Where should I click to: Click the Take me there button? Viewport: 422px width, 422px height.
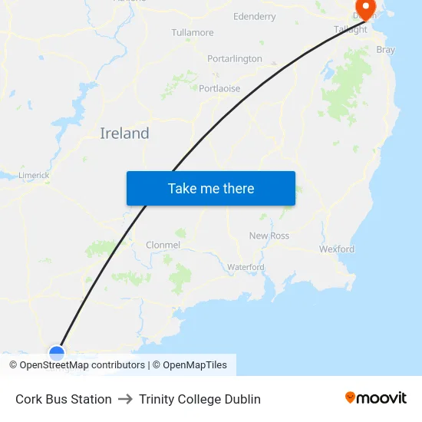(x=211, y=188)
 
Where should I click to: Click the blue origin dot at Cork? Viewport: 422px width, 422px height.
(x=57, y=353)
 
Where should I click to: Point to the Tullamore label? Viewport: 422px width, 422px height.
(x=193, y=33)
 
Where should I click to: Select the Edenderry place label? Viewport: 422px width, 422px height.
(x=254, y=16)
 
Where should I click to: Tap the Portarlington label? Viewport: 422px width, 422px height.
(x=235, y=59)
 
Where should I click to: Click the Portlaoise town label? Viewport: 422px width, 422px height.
(x=219, y=89)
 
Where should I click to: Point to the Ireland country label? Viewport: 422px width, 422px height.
(x=124, y=134)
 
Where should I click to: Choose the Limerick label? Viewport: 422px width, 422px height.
(x=34, y=175)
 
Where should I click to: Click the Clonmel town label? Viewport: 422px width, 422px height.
(x=163, y=245)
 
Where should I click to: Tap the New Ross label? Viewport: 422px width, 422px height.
(x=269, y=236)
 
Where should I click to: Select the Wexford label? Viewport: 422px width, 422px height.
(x=337, y=249)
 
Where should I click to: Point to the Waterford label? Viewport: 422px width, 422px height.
(x=246, y=267)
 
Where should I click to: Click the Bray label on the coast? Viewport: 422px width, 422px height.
(x=385, y=50)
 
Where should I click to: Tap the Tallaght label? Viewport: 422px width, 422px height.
(x=351, y=30)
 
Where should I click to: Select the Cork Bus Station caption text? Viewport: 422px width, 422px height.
(x=64, y=399)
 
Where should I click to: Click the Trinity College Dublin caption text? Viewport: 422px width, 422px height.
(x=200, y=399)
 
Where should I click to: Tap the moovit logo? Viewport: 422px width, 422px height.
(x=376, y=398)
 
